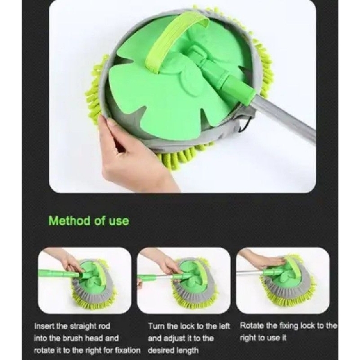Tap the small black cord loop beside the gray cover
[242, 125]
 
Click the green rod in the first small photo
[59, 274]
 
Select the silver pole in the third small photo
[250, 272]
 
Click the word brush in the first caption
[71, 338]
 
